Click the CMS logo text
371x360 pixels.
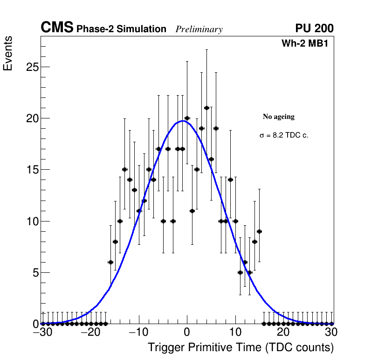(57, 28)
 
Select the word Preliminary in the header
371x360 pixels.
(199, 29)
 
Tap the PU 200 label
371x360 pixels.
(314, 28)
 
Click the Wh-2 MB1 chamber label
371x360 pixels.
(308, 43)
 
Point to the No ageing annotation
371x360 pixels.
(279, 117)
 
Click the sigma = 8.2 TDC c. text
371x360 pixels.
(284, 136)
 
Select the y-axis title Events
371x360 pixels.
(8, 54)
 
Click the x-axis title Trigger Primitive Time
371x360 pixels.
(240, 347)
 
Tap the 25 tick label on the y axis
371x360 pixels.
(32, 67)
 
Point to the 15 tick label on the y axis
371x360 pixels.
(32, 170)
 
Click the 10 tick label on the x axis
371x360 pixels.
(235, 332)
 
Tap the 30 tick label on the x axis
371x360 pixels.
(331, 332)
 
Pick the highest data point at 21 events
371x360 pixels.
(206, 108)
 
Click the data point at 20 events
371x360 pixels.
(187, 118)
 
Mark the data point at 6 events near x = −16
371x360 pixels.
(110, 262)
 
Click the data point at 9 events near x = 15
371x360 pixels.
(259, 231)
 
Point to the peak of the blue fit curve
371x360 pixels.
(182, 121)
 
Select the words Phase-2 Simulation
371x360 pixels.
(121, 29)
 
